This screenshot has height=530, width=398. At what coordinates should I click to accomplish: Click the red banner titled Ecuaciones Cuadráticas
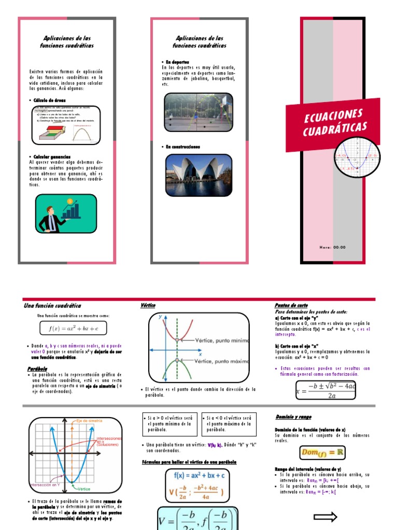333,123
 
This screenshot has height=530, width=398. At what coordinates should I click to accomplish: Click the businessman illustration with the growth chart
66,213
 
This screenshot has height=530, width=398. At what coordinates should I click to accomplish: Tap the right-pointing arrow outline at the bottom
325,517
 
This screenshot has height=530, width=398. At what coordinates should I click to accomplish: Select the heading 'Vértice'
148,306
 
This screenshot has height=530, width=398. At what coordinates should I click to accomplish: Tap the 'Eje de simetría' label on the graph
89,421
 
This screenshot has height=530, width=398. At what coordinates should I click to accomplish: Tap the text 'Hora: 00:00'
332,247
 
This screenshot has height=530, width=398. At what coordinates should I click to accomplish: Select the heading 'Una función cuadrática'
52,306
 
